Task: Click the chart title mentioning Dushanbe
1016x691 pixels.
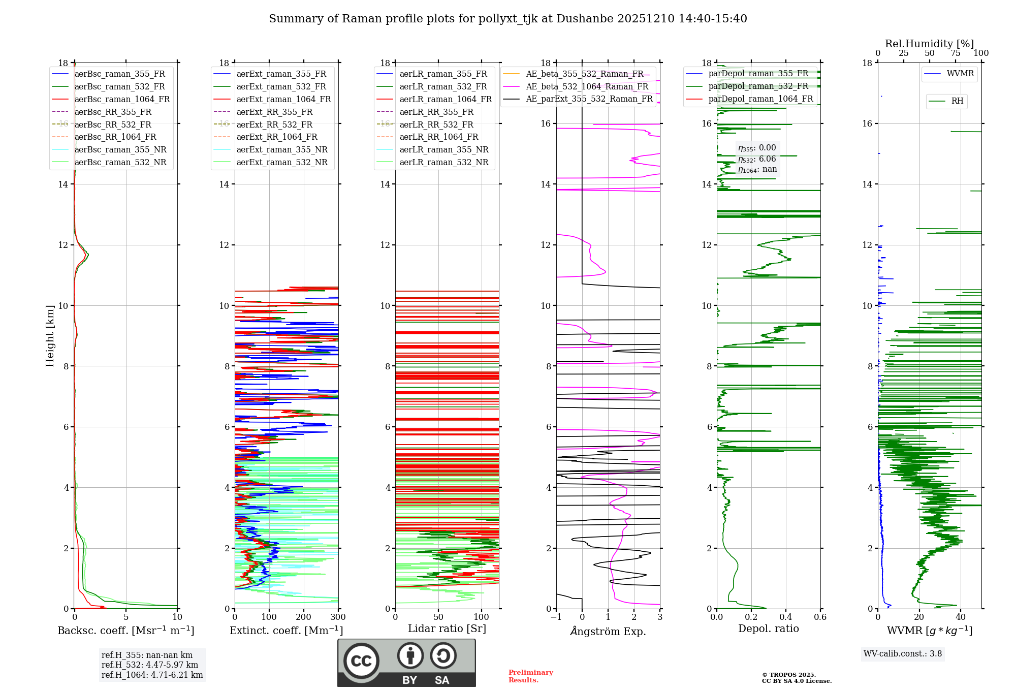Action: click(507, 19)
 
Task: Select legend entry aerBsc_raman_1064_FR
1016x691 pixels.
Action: click(122, 99)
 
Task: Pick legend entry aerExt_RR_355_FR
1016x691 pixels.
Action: click(274, 112)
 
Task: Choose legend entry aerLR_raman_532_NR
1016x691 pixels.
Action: click(443, 162)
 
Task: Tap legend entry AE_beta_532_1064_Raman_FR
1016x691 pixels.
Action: click(587, 86)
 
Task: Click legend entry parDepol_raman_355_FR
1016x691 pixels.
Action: click(758, 74)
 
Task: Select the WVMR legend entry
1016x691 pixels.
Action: click(960, 74)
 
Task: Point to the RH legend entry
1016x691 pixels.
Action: click(957, 101)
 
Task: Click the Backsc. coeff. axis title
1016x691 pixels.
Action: click(125, 631)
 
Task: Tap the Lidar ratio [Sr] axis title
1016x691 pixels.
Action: click(447, 629)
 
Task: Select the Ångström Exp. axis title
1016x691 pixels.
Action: click(608, 631)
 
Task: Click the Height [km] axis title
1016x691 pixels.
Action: click(50, 335)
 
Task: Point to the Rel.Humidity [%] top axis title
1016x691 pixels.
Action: click(929, 44)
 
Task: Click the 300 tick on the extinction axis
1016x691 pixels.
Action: click(338, 617)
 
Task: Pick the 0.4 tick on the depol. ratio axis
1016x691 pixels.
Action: click(785, 617)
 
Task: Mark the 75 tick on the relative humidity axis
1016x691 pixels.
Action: click(956, 53)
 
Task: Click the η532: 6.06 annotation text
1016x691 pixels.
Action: click(757, 159)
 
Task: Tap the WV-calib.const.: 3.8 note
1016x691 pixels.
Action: click(902, 654)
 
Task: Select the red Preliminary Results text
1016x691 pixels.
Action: click(530, 676)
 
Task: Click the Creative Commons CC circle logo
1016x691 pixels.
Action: click(361, 661)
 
